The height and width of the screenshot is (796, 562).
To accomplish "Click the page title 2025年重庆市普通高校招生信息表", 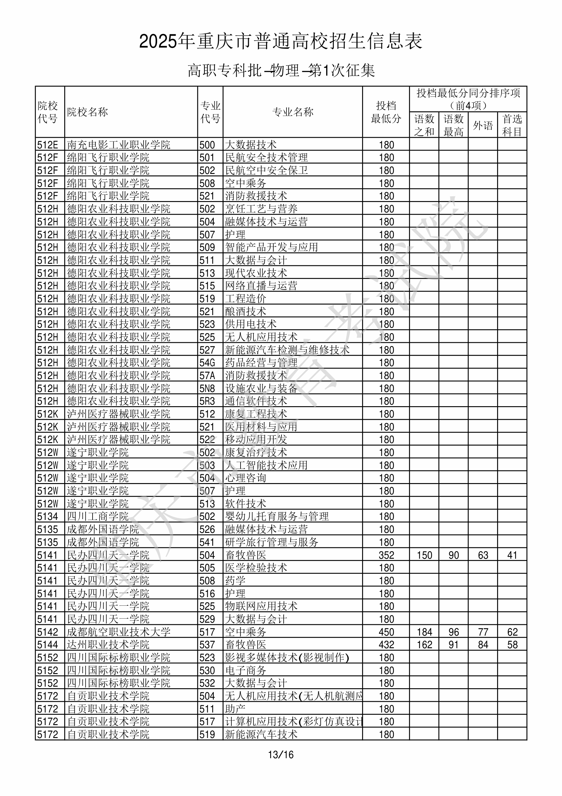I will coord(281,41).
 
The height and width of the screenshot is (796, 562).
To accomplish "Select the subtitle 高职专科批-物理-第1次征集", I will coord(281,70).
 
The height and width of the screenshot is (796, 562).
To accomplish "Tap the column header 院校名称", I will coord(87,112).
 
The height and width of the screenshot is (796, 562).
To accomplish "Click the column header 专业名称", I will coord(293,112).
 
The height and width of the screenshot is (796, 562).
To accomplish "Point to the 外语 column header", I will coord(483,125).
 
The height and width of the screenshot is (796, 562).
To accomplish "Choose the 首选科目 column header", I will coord(512,125).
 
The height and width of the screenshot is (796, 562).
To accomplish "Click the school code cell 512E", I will coord(48,145).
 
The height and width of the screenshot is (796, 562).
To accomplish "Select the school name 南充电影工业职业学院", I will coord(118,145).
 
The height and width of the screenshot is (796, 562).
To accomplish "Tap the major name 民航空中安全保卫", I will coord(266,170).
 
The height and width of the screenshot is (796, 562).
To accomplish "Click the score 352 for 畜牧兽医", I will coord(386,555).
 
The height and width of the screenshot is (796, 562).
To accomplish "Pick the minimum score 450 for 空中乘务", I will coord(386,632).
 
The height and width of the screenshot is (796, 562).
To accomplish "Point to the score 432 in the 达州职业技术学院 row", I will coord(386,645).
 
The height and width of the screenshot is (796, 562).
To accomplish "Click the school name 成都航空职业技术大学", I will coord(118,632).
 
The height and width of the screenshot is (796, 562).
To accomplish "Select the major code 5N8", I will coord(207,388).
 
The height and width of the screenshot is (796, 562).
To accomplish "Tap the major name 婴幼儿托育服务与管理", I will coord(276,516).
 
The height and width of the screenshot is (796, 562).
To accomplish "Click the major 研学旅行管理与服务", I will coord(271,542).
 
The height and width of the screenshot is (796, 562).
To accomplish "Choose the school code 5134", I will coord(48,516).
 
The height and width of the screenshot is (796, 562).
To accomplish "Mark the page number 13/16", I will coord(281,754).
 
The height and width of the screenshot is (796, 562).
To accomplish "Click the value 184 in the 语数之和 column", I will coord(424,632).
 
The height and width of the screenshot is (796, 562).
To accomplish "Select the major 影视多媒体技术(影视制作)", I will coord(287,658).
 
